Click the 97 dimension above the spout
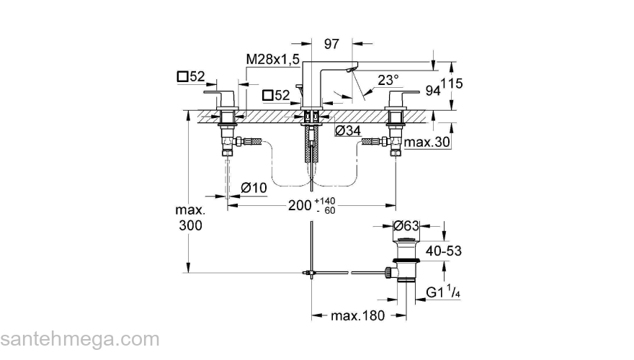(331, 44)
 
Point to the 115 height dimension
(452, 84)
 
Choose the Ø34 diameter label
(348, 130)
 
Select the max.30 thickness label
(427, 143)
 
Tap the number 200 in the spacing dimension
(300, 204)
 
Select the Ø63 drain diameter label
(407, 225)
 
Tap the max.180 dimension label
(358, 315)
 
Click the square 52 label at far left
(191, 76)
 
